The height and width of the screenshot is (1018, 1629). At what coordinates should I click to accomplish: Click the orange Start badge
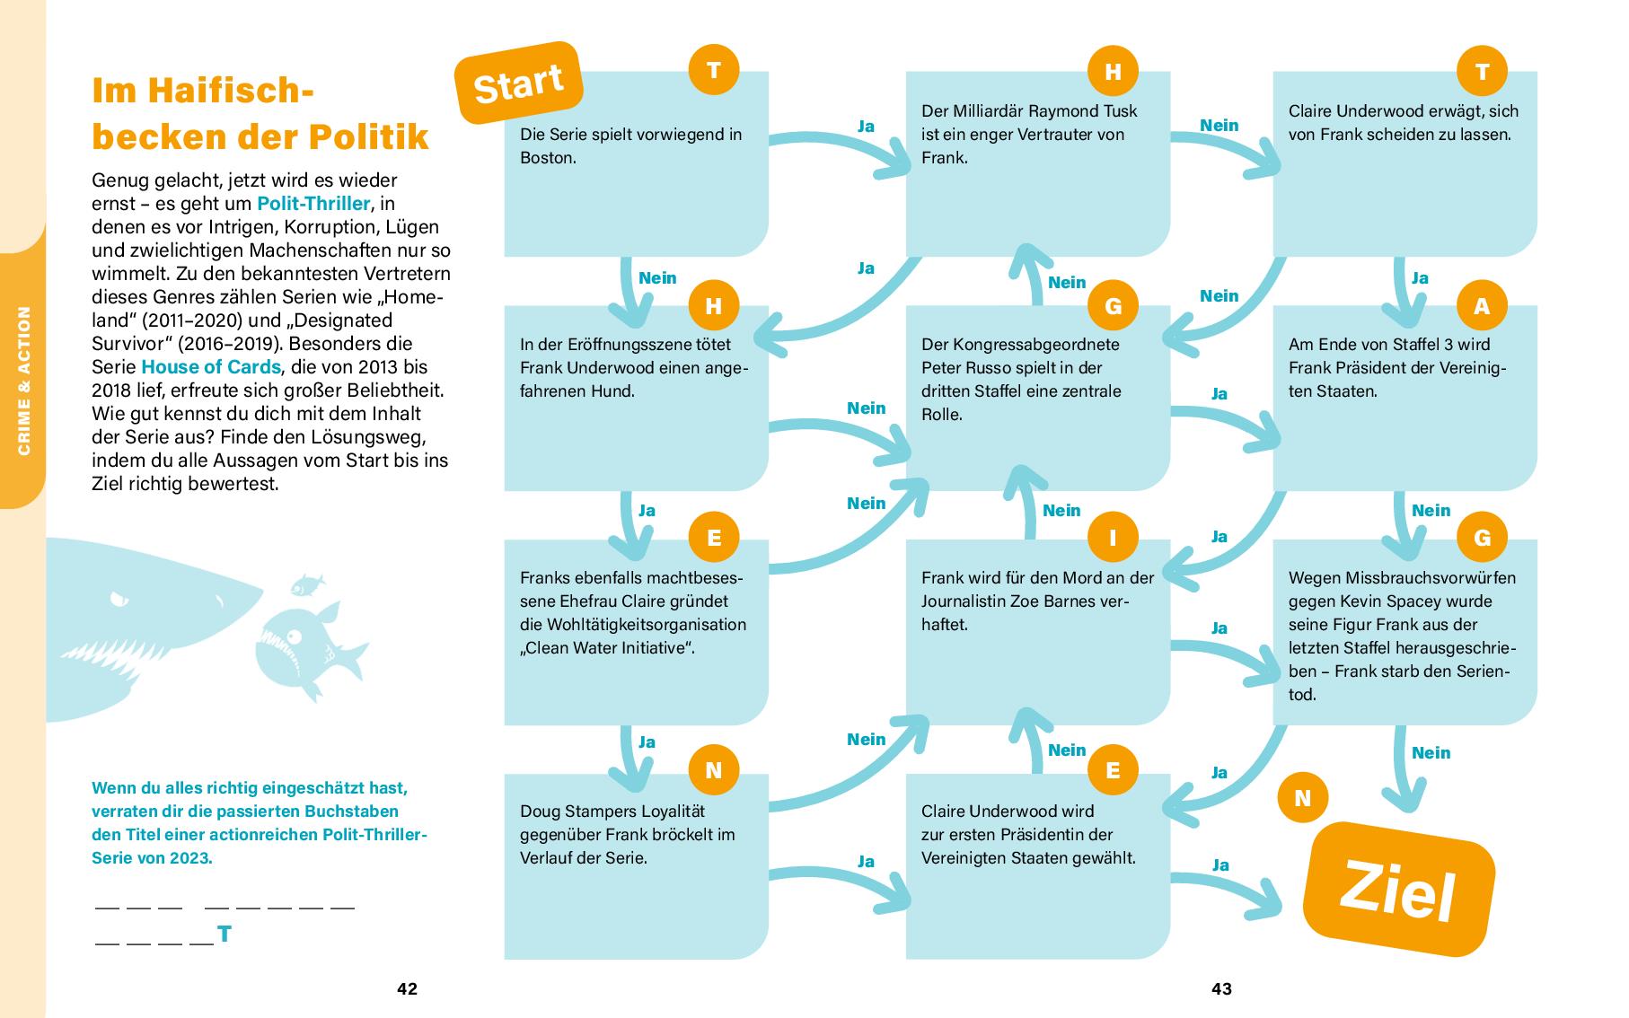tap(519, 83)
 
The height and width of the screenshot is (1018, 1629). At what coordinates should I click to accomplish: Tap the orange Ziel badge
tap(1398, 889)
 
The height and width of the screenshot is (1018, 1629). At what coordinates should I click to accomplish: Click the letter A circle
tap(1482, 306)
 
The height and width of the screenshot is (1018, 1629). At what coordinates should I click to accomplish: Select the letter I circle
tap(1113, 538)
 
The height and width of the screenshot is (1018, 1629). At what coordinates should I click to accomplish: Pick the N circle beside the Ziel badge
tap(1302, 798)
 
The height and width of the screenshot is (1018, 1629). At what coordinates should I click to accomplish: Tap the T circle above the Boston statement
tap(714, 70)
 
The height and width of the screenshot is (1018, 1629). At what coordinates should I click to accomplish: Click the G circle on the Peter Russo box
tap(1113, 306)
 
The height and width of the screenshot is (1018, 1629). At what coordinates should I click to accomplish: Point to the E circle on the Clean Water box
tap(714, 538)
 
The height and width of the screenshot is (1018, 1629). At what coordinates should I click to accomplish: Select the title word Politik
tap(369, 136)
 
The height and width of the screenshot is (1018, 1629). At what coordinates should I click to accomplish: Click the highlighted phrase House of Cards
tap(211, 367)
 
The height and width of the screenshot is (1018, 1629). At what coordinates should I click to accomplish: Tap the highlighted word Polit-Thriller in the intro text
tap(313, 204)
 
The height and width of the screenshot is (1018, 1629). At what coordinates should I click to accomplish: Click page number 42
tap(407, 989)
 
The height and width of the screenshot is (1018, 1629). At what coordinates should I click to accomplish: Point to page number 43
tap(1221, 989)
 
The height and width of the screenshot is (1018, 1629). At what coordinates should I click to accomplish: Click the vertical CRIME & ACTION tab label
tap(23, 381)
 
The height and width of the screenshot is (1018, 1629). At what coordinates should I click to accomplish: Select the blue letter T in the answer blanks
tap(225, 935)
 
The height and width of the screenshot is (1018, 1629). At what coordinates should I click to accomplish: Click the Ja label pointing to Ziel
tap(1220, 865)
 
